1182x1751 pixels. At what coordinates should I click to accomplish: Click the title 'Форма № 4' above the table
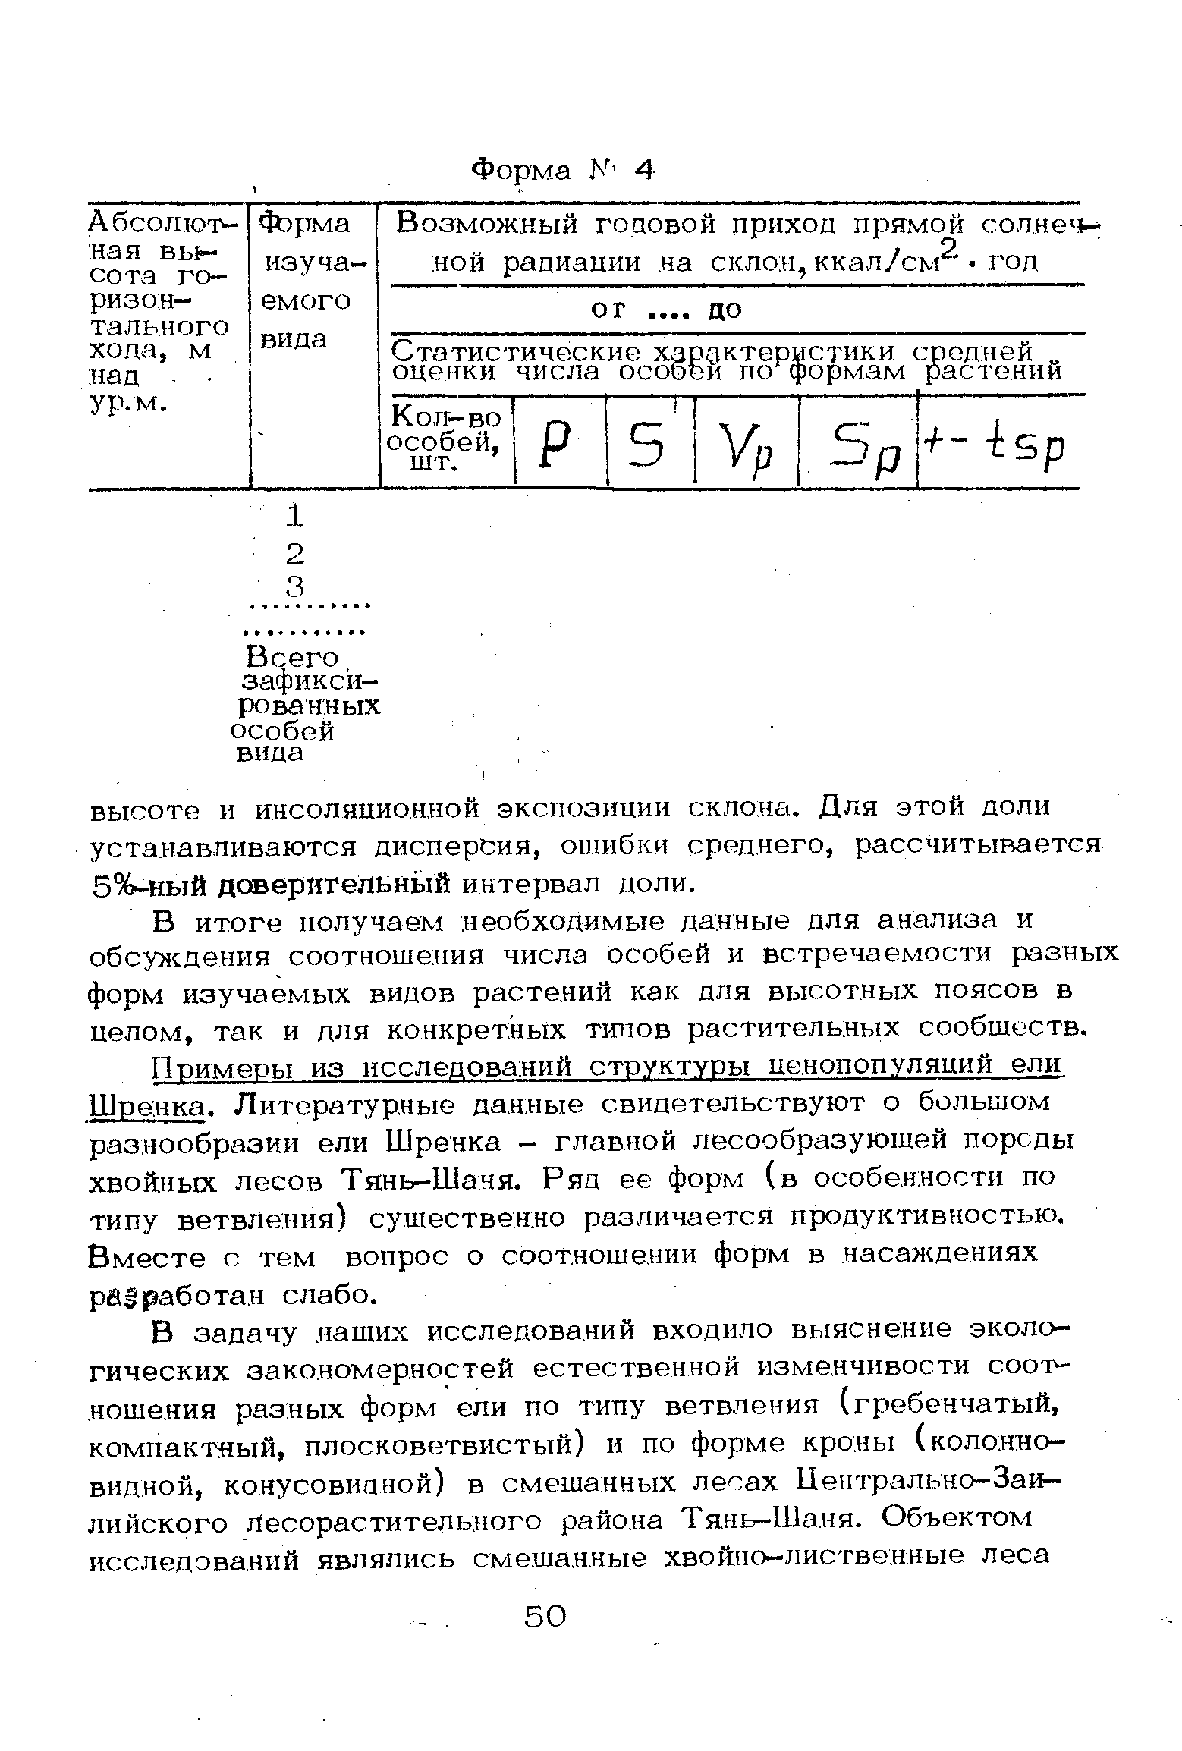coord(562,169)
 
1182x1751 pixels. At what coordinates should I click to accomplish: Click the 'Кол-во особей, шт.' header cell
coord(445,440)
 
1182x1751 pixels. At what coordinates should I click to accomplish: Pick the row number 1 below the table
coord(294,517)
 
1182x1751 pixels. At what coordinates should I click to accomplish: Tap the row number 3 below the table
coord(294,586)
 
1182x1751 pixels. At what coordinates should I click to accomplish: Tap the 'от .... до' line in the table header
coord(667,310)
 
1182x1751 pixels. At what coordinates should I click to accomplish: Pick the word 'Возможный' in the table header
coord(487,225)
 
